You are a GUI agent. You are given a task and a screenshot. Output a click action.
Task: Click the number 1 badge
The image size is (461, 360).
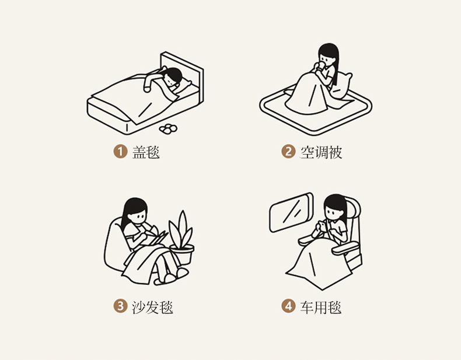(x=120, y=152)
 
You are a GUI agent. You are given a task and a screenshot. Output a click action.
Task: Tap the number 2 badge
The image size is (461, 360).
(x=288, y=152)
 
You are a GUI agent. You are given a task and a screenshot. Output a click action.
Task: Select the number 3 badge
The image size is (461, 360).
(x=120, y=306)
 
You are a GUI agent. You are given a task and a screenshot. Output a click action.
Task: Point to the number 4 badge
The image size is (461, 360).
(x=288, y=306)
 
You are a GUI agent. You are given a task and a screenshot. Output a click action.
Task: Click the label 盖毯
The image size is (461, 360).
(x=146, y=152)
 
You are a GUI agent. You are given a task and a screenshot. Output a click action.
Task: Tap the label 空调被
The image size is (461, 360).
(x=321, y=152)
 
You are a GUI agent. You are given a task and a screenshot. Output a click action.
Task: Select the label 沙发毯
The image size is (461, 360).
(x=152, y=307)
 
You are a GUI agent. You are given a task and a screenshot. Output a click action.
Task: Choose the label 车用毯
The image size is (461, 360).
(x=321, y=307)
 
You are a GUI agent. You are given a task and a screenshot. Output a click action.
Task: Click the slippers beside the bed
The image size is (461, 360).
(x=168, y=129)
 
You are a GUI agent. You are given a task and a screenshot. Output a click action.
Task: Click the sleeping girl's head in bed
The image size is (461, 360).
(x=173, y=77)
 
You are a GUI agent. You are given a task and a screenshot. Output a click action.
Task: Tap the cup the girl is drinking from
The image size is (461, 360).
(x=322, y=66)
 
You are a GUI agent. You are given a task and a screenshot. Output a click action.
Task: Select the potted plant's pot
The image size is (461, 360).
(x=182, y=254)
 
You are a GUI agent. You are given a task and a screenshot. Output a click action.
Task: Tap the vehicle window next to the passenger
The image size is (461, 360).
(x=291, y=212)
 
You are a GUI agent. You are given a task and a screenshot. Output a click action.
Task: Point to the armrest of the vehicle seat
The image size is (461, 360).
(x=345, y=249)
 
